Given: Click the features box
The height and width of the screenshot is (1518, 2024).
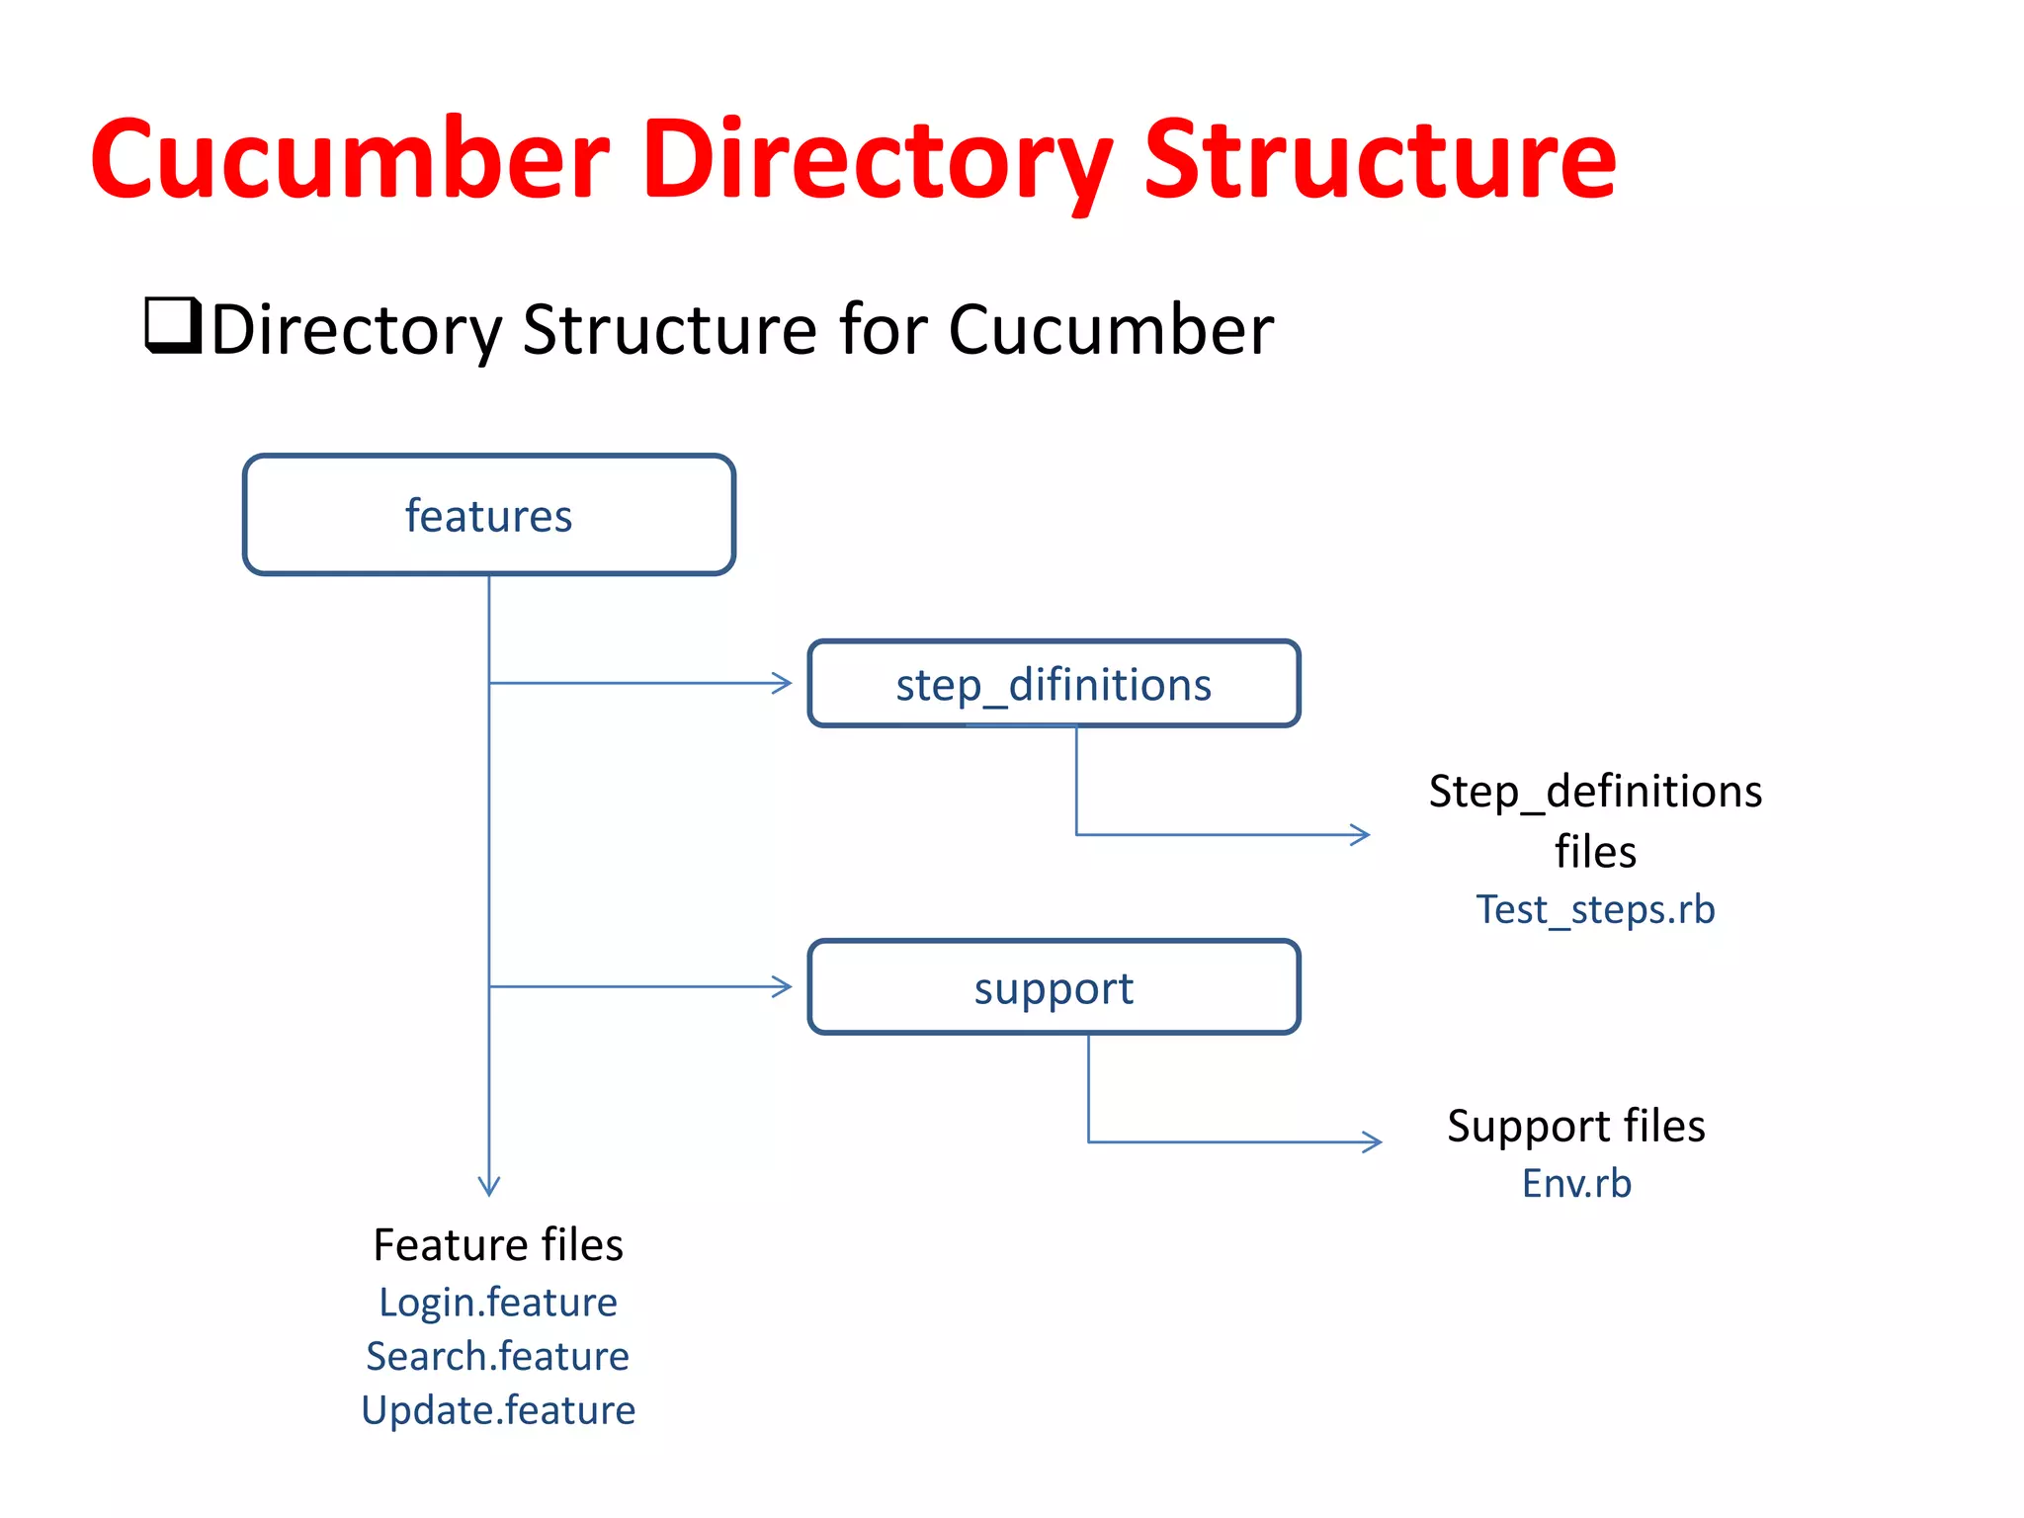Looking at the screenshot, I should [488, 515].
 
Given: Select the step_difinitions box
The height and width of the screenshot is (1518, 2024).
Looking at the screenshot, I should [1054, 684].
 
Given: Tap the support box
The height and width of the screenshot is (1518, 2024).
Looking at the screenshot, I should [1054, 987].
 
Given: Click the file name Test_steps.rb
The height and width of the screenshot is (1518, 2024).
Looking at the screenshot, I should [1595, 909].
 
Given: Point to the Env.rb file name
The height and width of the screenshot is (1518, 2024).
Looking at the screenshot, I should [1576, 1183].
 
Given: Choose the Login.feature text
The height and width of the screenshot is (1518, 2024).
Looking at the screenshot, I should [498, 1303].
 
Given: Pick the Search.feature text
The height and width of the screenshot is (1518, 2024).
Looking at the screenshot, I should [497, 1356].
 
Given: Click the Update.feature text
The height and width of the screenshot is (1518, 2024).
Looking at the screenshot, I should [498, 1410].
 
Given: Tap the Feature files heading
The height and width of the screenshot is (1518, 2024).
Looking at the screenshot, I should [498, 1245].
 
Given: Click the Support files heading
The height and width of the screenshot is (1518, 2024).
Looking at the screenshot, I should [1576, 1127].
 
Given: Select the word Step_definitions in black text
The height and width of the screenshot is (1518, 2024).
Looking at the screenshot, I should [1595, 792].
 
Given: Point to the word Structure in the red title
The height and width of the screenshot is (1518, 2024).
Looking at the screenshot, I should [1380, 160].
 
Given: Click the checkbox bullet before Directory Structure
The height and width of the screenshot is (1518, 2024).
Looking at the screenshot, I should [173, 324].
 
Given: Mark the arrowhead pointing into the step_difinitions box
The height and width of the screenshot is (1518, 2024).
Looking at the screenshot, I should [784, 683].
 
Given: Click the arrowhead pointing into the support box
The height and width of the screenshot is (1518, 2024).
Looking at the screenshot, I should [784, 986].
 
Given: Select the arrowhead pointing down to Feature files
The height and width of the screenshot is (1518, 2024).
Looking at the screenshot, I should [489, 1188].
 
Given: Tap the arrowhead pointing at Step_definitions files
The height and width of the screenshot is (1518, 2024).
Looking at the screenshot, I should [1361, 835].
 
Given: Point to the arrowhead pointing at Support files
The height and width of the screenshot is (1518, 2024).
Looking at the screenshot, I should [1373, 1142].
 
